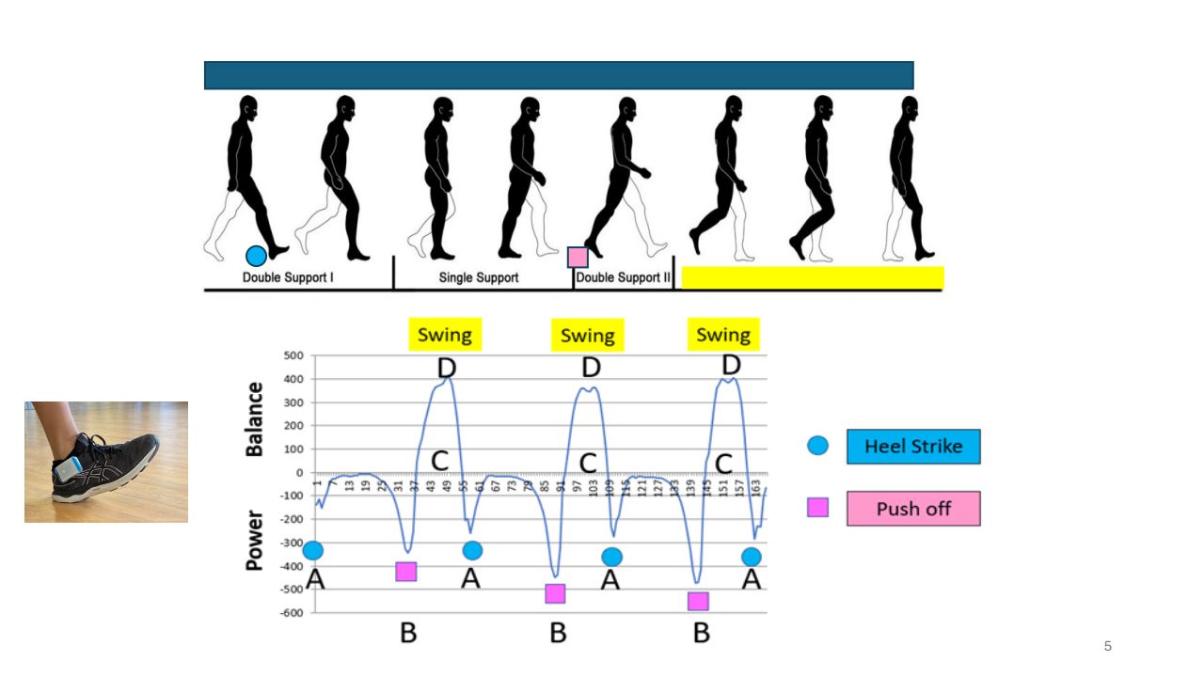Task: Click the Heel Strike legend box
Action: [912, 447]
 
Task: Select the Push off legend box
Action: [912, 509]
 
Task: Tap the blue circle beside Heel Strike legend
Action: [818, 446]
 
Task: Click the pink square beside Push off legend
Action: [818, 508]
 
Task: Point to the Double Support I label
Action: [288, 278]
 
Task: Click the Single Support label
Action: [479, 278]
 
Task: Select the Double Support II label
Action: [622, 278]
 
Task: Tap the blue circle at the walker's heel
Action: [256, 256]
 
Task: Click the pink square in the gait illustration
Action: [578, 257]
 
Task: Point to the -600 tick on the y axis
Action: [293, 613]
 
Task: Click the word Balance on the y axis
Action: [254, 418]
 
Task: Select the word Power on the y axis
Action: [254, 541]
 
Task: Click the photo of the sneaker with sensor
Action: [106, 462]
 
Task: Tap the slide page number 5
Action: [1107, 646]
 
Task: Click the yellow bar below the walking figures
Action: [812, 277]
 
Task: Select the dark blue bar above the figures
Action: [559, 75]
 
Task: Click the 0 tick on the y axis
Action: [300, 473]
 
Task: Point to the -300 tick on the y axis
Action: [293, 543]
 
